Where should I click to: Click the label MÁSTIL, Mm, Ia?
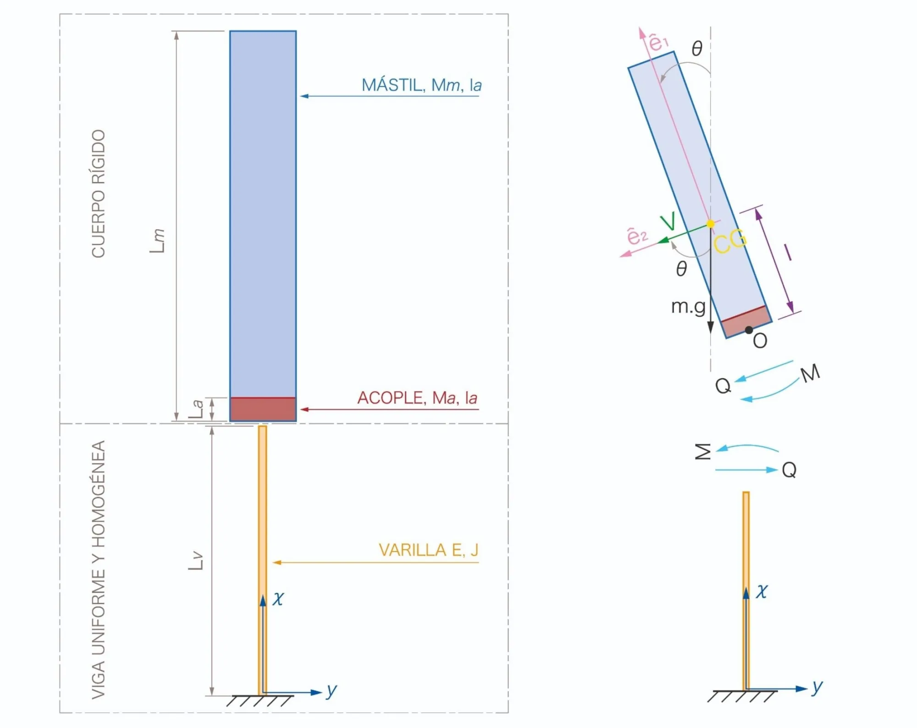click(x=421, y=85)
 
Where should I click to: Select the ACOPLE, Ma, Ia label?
click(x=417, y=397)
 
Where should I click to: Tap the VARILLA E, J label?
click(x=428, y=550)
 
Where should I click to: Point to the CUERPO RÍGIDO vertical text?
click(x=99, y=193)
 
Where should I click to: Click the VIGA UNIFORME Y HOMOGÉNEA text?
click(x=99, y=570)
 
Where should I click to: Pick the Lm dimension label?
click(x=157, y=241)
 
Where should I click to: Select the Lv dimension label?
click(x=196, y=561)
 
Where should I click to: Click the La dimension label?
click(x=196, y=409)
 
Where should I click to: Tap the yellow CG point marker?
click(x=710, y=224)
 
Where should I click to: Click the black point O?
click(x=749, y=330)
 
